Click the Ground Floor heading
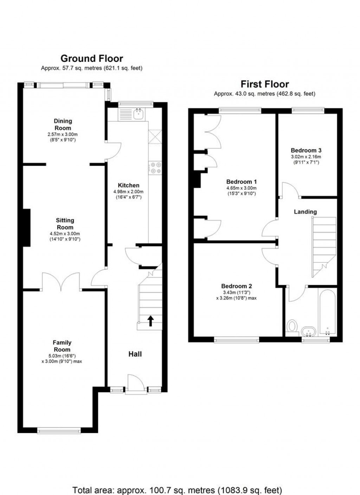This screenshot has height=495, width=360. click(92, 59)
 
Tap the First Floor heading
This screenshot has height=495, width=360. click(264, 84)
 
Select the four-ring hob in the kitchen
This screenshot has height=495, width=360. click(155, 168)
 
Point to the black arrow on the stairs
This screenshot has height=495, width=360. click(150, 321)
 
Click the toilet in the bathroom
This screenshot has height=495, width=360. click(292, 329)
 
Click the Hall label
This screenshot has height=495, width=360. click(135, 354)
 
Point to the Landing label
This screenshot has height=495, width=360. click(305, 212)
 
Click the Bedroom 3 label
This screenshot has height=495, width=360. click(306, 150)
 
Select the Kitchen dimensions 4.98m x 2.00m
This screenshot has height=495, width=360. click(128, 192)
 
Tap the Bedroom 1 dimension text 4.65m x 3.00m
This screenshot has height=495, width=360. click(242, 188)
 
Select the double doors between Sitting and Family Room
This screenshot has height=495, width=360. click(61, 282)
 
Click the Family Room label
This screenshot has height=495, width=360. click(62, 346)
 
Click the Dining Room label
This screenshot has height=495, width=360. click(63, 124)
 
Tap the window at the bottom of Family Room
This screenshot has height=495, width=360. click(59, 430)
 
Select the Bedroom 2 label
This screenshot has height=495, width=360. click(237, 286)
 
